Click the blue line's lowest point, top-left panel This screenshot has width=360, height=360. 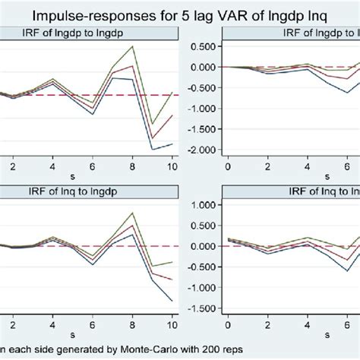tap(153, 150)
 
